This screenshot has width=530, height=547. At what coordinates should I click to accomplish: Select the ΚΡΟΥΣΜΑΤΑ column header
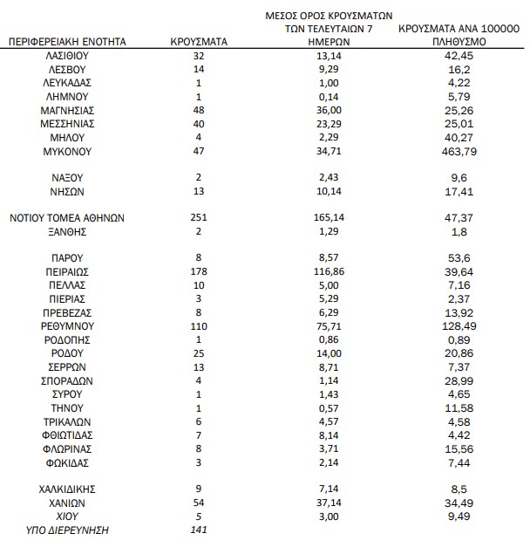[200, 41]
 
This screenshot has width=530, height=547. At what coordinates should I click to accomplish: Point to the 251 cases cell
[200, 217]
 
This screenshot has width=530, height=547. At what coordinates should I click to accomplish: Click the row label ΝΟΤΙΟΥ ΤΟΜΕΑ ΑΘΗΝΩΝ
[66, 217]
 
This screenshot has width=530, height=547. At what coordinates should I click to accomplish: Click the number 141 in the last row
[200, 530]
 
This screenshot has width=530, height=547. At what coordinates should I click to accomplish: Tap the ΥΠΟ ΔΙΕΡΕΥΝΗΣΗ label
[66, 530]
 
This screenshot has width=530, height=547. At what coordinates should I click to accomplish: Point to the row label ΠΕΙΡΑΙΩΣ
[66, 271]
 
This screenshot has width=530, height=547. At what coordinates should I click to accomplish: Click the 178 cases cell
[200, 271]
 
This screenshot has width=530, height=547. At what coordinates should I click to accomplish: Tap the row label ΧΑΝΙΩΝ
[66, 502]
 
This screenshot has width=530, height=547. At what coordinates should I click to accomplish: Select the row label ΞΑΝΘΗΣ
[66, 231]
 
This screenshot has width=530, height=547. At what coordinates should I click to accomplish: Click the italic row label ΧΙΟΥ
[66, 516]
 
